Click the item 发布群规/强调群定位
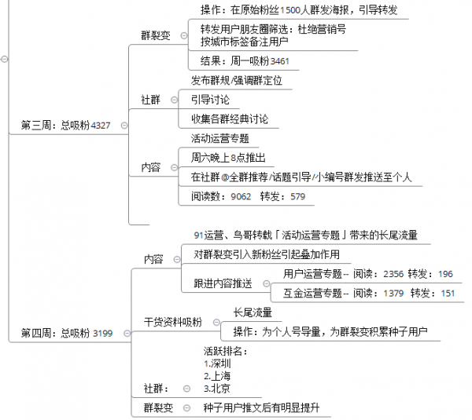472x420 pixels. pos(236,80)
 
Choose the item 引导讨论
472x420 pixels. pos(210,100)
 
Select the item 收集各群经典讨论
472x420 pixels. pos(229,119)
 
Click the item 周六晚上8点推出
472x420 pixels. pos(228,158)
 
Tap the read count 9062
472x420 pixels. pos(241,196)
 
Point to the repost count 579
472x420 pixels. pos(297,196)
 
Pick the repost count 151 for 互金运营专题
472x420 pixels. pos(448,293)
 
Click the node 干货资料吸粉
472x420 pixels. pos(172,322)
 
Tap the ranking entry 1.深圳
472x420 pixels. pos(217,364)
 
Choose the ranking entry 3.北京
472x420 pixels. pos(217,388)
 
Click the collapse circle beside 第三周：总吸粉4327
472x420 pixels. pos(125,125)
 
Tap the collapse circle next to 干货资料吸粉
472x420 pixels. pos(212,322)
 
